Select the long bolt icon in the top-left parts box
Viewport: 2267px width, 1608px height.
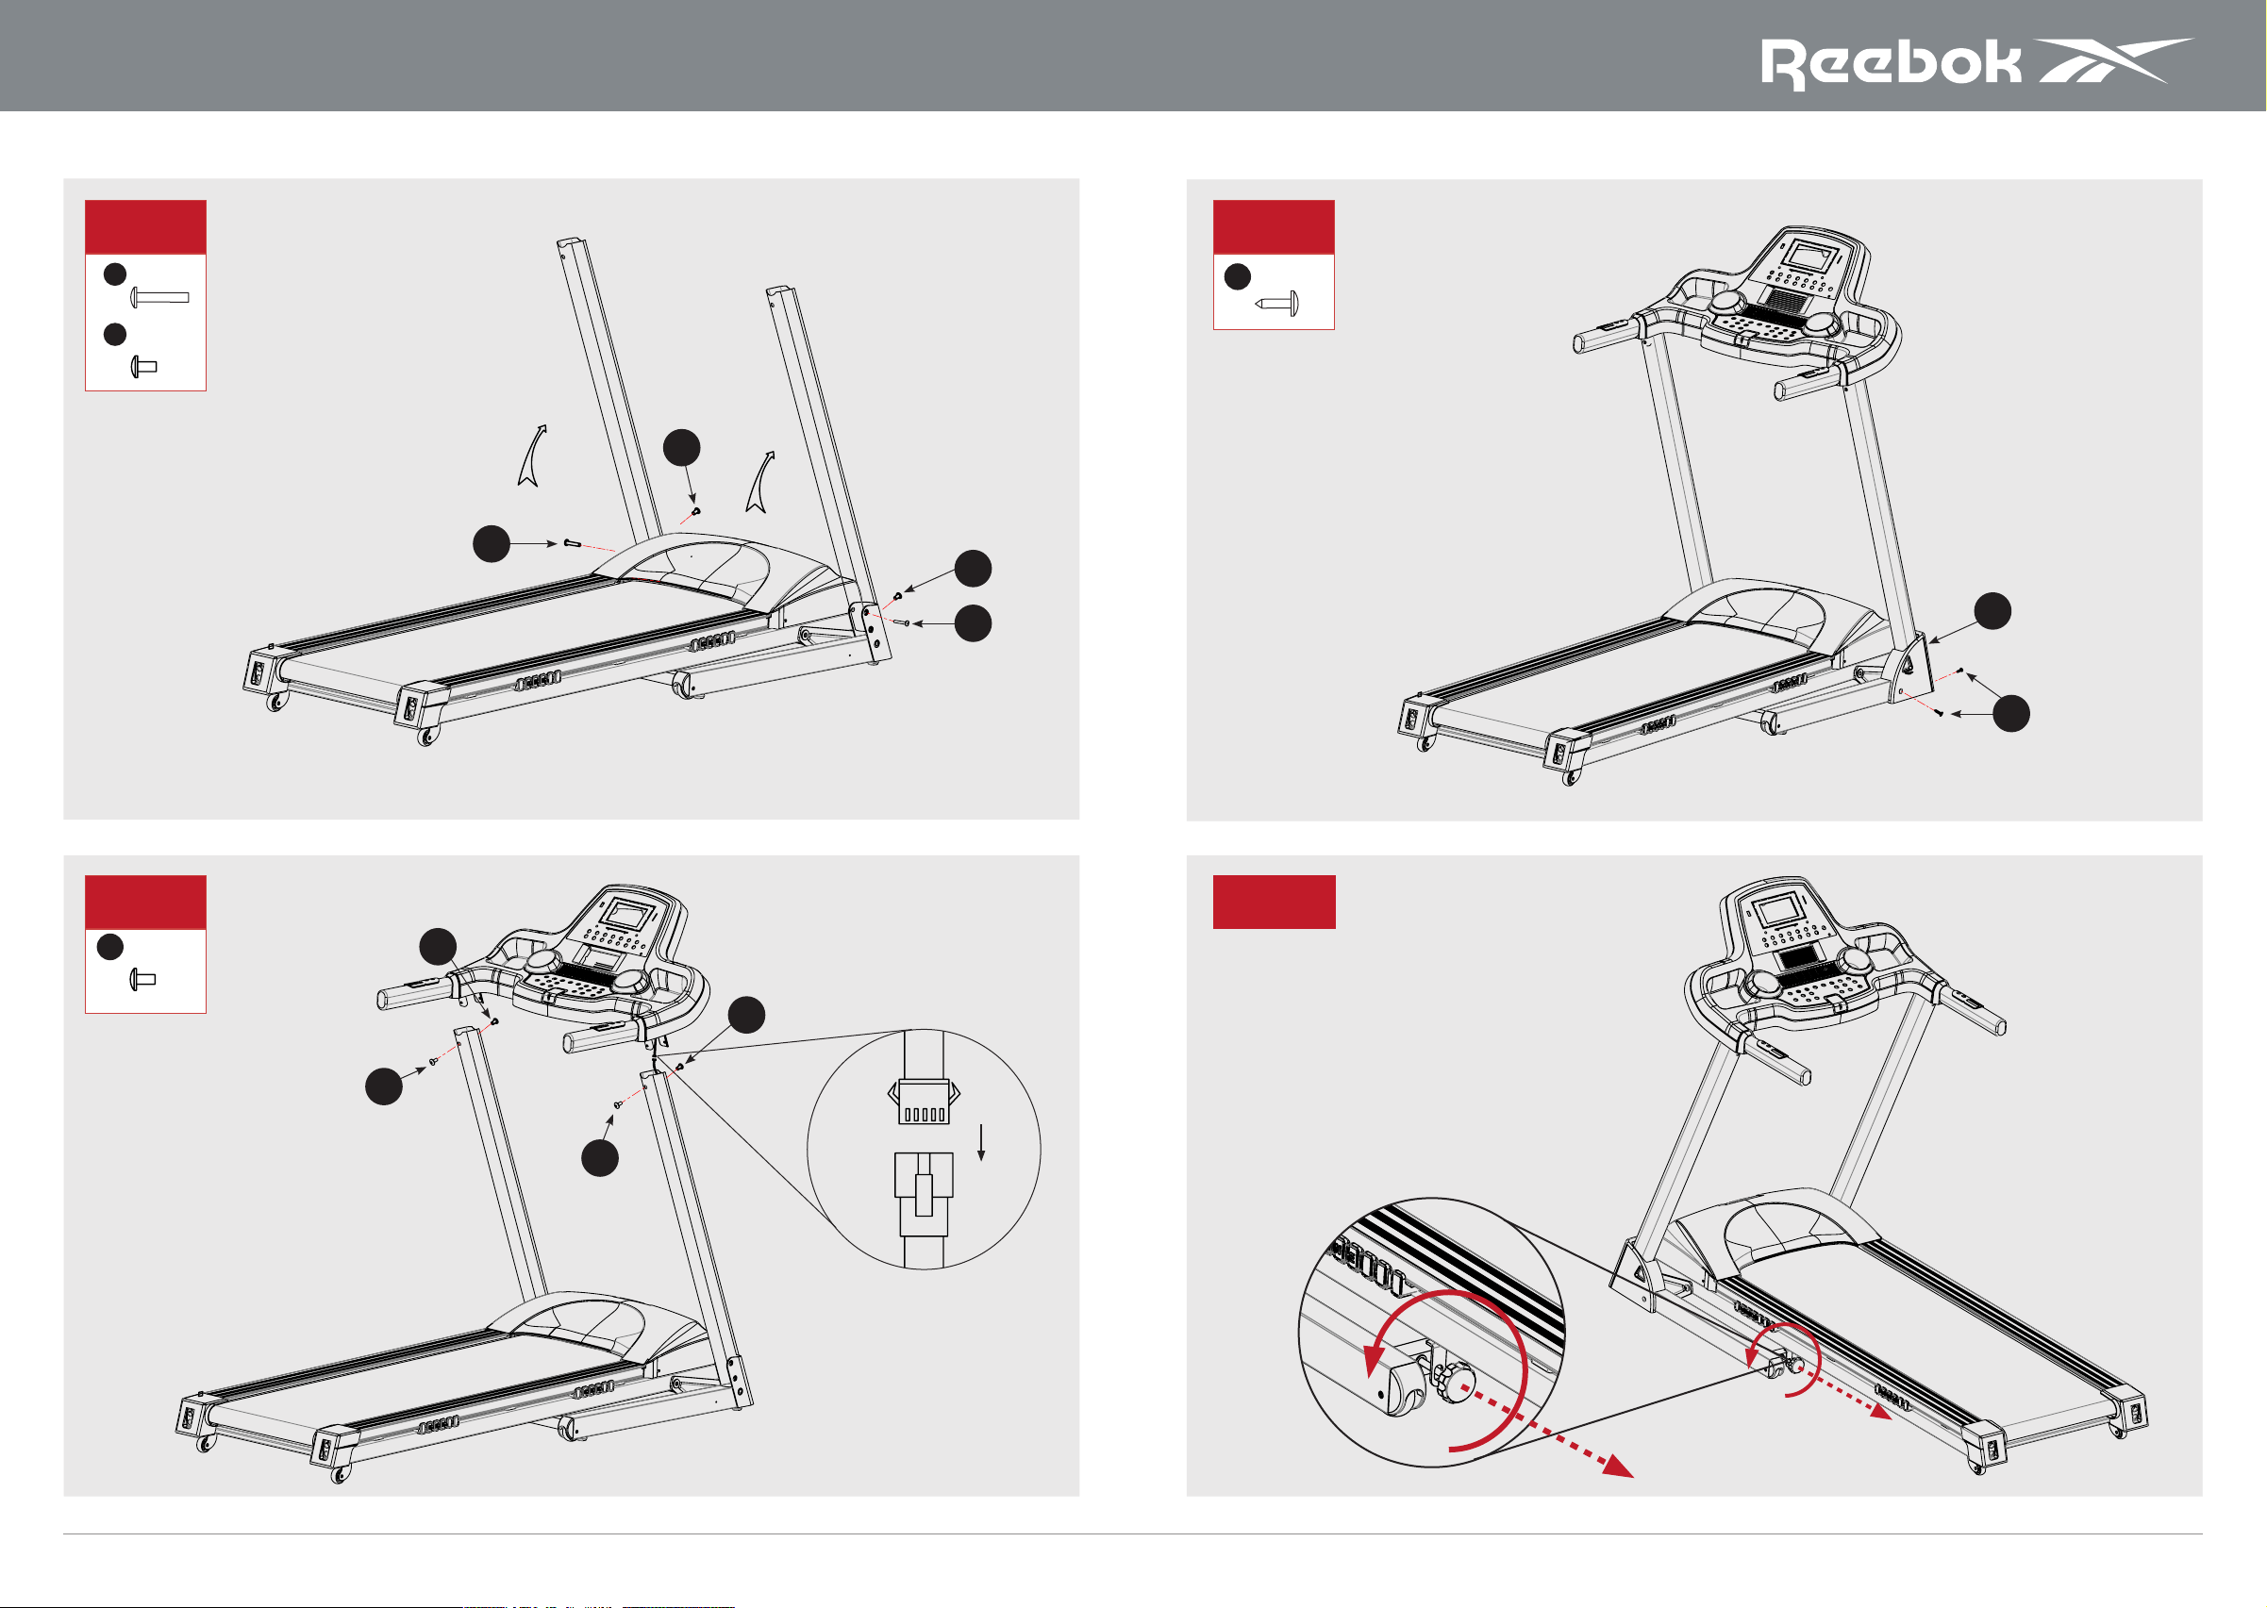pyautogui.click(x=159, y=296)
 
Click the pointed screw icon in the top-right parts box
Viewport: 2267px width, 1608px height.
pyautogui.click(x=1276, y=303)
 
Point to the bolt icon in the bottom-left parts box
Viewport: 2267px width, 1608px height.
pyautogui.click(x=143, y=980)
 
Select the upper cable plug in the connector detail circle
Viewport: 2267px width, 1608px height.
pyautogui.click(x=923, y=1101)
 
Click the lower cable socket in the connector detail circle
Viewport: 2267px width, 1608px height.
pyautogui.click(x=924, y=1194)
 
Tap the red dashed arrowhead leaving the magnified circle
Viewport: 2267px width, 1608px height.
pyautogui.click(x=1618, y=1465)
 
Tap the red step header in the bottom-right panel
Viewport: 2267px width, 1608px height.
pyautogui.click(x=1274, y=902)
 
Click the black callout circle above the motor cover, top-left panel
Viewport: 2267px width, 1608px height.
pyautogui.click(x=681, y=448)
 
